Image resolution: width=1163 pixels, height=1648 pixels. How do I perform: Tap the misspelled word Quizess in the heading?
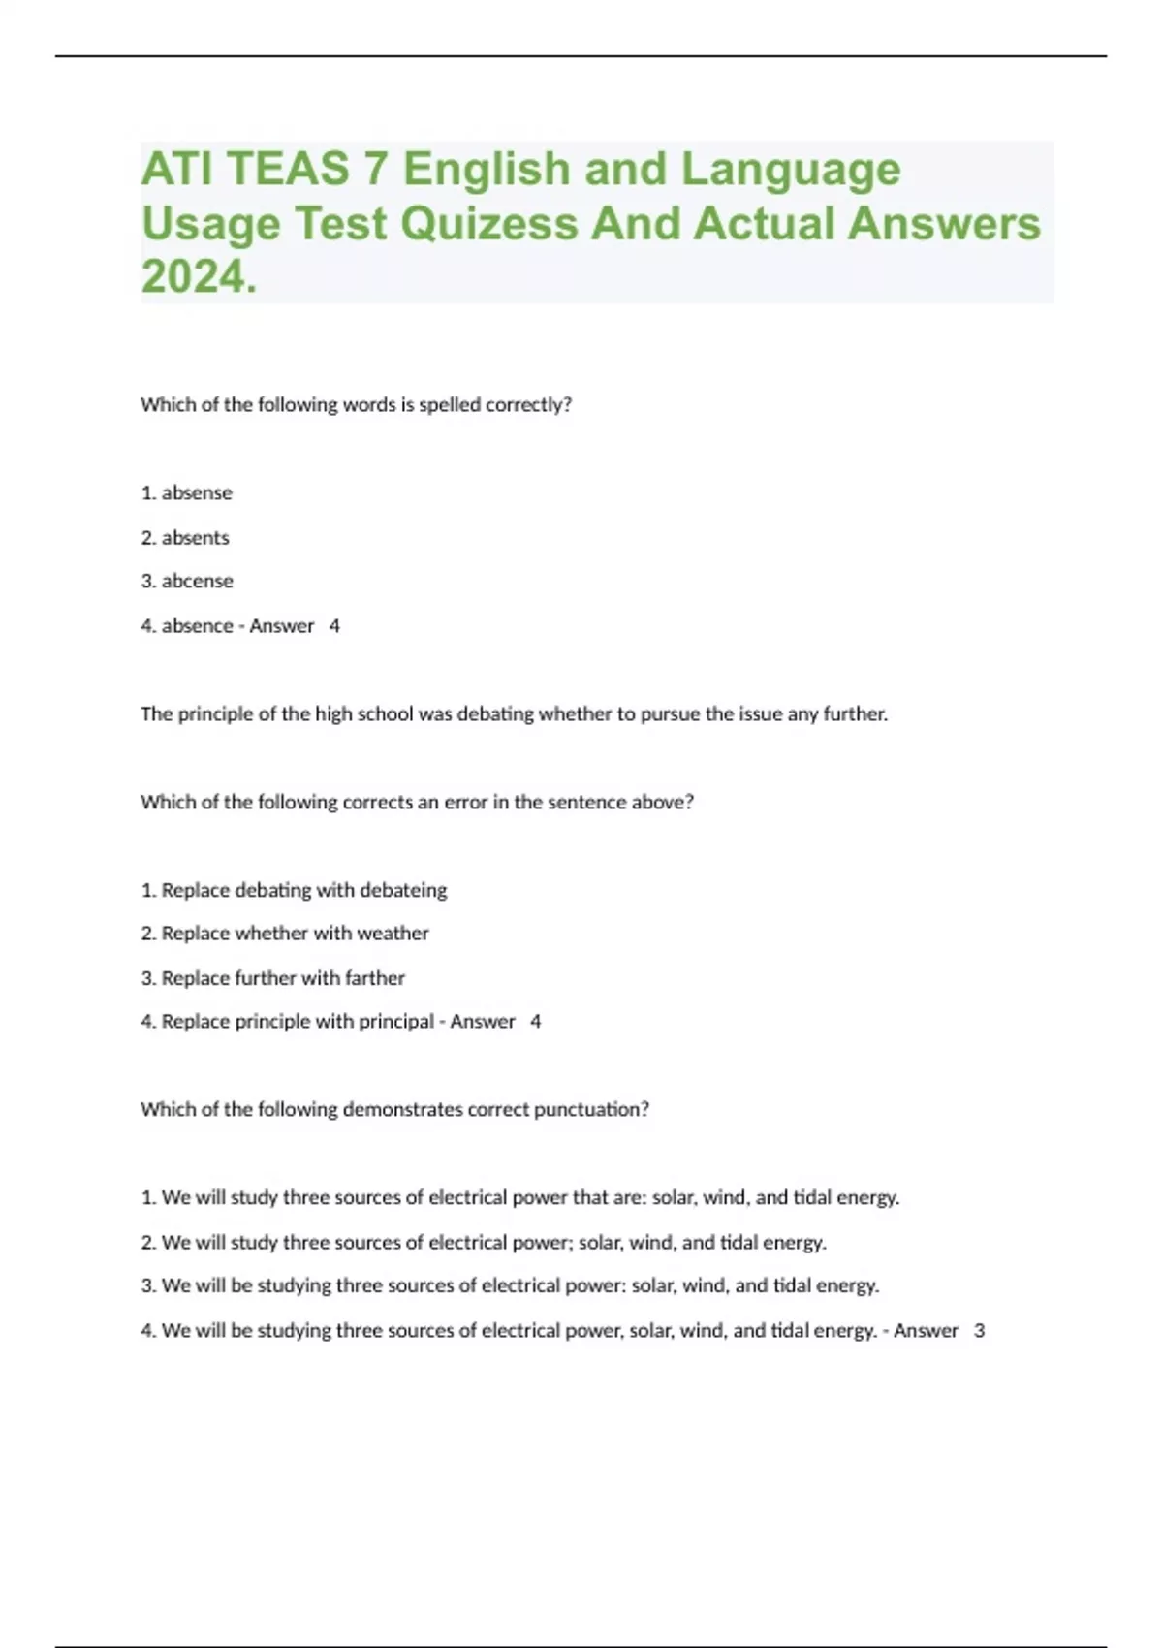tap(489, 224)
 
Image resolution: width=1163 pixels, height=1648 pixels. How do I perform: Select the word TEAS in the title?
tap(288, 169)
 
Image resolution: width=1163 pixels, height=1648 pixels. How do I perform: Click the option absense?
tap(197, 492)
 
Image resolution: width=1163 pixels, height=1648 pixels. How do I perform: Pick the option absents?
tap(196, 537)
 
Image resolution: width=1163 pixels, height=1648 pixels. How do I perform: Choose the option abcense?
tap(198, 581)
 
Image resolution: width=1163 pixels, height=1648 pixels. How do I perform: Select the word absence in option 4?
tap(198, 625)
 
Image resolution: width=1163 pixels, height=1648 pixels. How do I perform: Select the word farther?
tap(375, 977)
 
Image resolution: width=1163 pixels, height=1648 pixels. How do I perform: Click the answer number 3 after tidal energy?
tap(980, 1330)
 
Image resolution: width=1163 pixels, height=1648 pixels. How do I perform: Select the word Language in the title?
tap(791, 169)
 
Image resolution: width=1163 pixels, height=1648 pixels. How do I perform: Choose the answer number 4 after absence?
tap(334, 625)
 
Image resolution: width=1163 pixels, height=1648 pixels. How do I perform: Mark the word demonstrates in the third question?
tap(402, 1109)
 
